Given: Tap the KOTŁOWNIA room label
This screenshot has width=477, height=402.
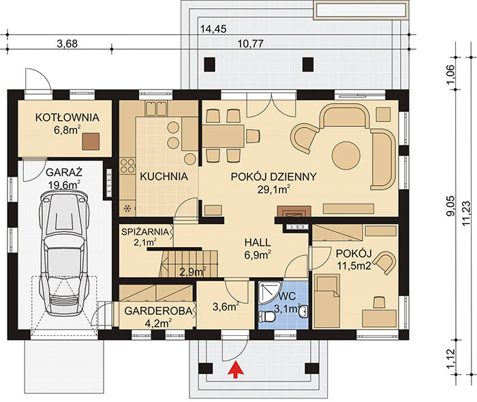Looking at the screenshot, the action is point(67,117).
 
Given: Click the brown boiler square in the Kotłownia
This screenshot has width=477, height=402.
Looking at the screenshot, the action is point(91,141).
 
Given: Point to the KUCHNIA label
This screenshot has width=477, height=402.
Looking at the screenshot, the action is point(164,176).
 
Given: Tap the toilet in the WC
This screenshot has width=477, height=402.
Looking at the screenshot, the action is point(267,317).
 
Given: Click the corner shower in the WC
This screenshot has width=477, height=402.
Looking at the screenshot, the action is point(268,293).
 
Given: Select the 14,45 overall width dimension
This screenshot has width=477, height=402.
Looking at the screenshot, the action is point(213,29).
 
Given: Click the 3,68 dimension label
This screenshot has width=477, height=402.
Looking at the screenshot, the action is point(67,44).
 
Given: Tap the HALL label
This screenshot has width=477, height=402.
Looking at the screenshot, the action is point(258,242).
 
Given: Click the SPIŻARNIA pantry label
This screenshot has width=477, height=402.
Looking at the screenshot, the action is point(144,231).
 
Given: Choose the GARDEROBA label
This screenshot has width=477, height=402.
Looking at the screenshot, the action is point(159,311).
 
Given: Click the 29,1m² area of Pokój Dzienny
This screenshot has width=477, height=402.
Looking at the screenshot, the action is point(273,190).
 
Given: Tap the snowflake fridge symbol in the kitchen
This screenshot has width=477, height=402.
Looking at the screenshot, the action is point(127,208).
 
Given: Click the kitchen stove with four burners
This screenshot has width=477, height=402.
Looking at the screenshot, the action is point(127,165).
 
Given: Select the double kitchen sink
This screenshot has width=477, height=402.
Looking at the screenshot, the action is point(156,109).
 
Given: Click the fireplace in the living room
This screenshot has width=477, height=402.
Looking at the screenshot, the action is point(294,212).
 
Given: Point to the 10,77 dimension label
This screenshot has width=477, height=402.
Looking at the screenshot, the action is point(250,44).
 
